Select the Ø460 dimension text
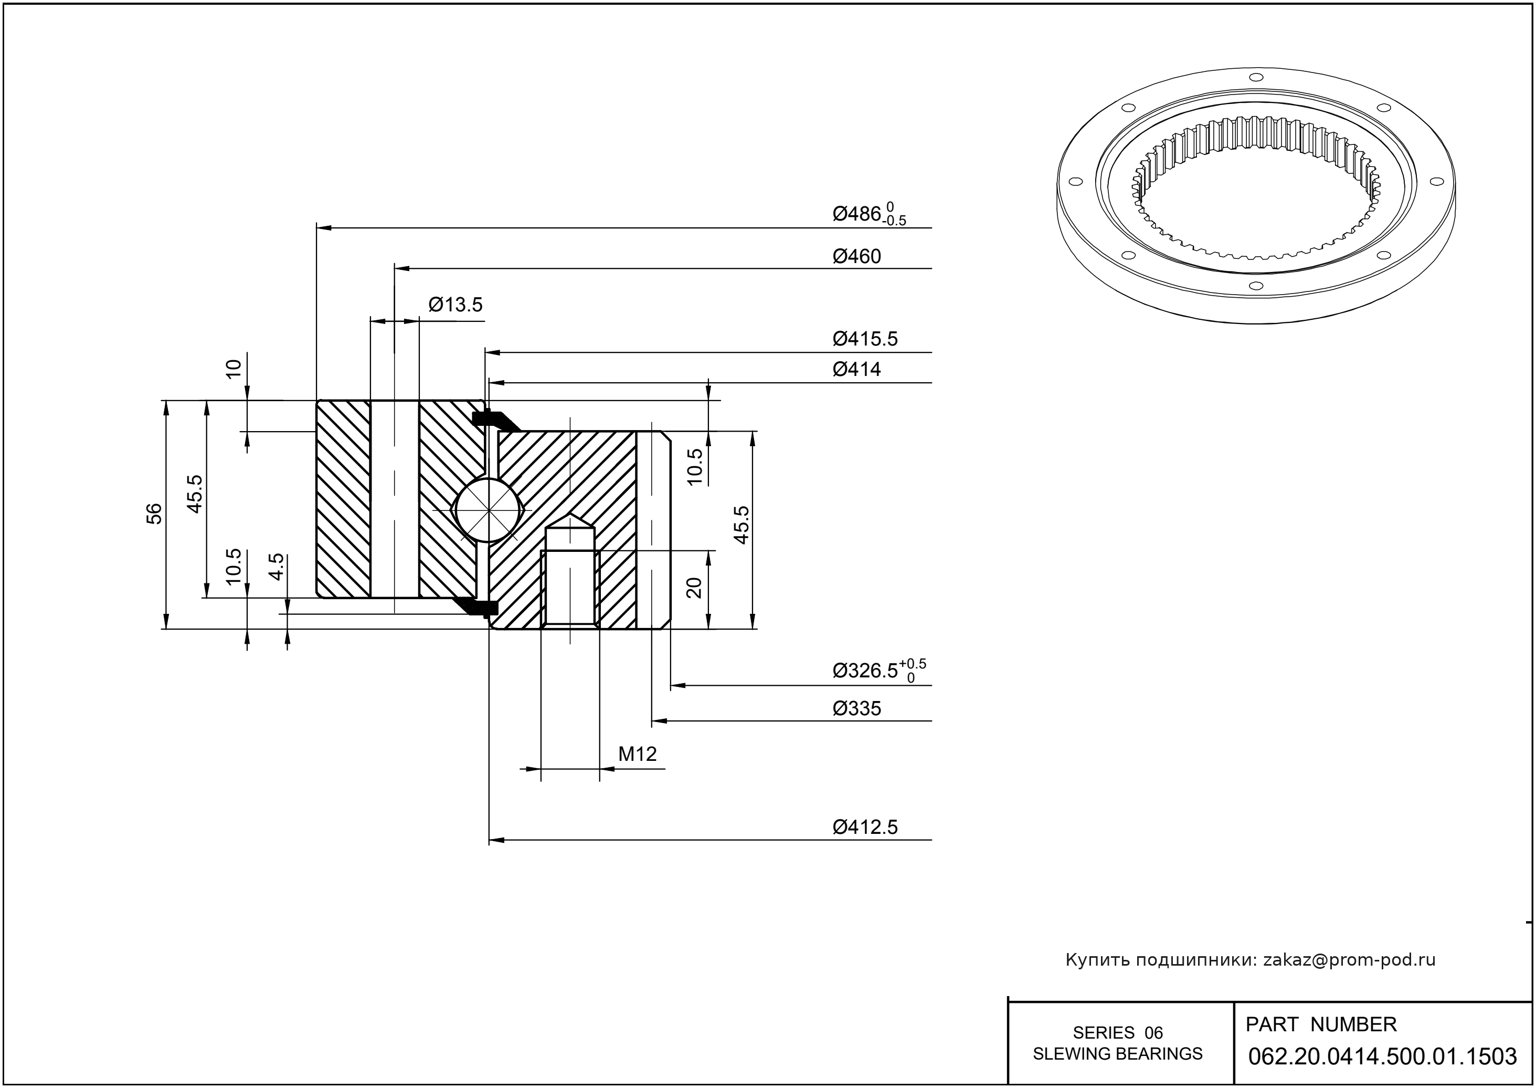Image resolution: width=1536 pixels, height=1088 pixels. coord(856,257)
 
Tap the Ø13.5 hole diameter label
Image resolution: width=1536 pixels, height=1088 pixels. coord(455,306)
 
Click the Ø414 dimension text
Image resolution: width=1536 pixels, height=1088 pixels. coord(856,369)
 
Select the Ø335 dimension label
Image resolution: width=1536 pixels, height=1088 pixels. coord(856,709)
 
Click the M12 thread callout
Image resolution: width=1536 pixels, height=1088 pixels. coord(637,755)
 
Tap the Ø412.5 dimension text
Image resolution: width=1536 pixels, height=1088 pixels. coord(865,828)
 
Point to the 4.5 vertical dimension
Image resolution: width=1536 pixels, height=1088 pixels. coord(277,566)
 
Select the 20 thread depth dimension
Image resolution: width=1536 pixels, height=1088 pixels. coord(694,588)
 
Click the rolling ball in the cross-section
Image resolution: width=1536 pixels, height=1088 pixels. coord(488,510)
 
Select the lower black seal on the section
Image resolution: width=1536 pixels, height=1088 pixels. coord(478,606)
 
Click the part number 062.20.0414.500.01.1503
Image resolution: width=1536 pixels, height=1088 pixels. coord(1382,1056)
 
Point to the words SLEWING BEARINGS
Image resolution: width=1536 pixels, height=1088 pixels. coord(1118,1054)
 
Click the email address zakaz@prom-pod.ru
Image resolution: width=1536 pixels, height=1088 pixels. coord(1349,960)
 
